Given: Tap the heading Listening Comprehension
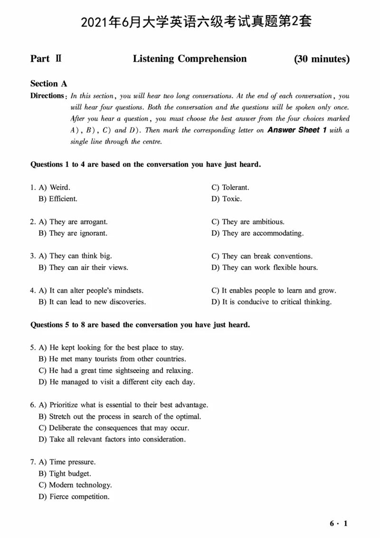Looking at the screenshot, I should tap(190, 59).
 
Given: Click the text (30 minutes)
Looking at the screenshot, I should tap(322, 59).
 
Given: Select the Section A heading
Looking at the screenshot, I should tap(48, 84).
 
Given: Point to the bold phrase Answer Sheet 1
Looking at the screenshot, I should tap(297, 130).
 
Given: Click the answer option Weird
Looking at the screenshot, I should tap(59, 187).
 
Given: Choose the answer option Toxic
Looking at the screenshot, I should tap(231, 199).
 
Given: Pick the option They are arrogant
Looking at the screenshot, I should tap(78, 221).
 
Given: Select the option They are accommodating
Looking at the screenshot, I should tap(262, 233).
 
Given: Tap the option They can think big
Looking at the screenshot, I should tap(80, 256).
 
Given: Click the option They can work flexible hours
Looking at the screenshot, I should tap(269, 267).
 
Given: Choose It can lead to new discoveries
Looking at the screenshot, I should tap(97, 302).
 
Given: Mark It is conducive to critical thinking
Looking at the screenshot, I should tap(276, 302).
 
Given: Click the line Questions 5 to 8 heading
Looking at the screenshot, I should tap(140, 325).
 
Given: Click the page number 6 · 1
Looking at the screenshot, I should tap(339, 524).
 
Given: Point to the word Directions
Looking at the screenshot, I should tap(47, 96).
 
